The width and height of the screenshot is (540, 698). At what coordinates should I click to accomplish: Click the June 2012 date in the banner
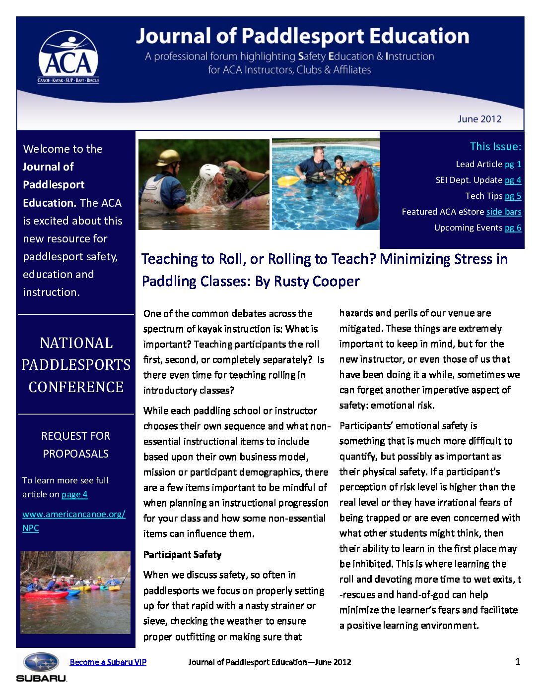coord(479,119)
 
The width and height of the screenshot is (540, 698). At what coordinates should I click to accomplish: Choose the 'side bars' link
coord(503,212)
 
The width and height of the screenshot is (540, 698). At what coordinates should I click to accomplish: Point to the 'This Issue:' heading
coord(495,147)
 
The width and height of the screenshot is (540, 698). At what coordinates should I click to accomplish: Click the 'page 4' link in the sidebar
coord(74,494)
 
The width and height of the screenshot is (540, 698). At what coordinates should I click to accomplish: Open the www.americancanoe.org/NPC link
coord(73,515)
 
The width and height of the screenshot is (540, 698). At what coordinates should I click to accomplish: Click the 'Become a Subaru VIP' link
coord(108,662)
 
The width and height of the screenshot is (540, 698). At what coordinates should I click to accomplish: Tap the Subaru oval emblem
coord(42,662)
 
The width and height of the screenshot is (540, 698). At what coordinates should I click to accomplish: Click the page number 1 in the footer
coord(518,661)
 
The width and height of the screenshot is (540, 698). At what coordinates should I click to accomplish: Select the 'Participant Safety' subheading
coord(182,555)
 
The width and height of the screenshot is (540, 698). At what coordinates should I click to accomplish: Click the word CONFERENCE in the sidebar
coord(76,387)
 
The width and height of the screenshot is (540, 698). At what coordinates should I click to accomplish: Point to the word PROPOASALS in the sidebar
coord(75,454)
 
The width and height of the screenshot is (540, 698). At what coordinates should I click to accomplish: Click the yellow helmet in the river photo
coord(168,158)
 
